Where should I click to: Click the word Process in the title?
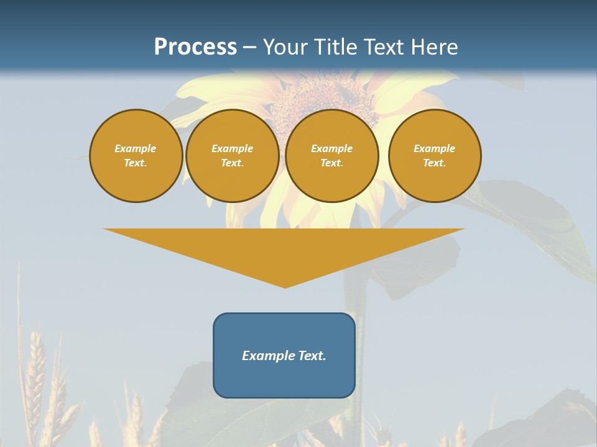[195, 47]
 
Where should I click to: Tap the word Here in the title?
[435, 47]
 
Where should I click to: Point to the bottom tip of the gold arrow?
[285, 287]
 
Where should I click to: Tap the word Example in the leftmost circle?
[136, 148]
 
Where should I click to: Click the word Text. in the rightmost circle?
[435, 163]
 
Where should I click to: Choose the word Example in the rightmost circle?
[435, 148]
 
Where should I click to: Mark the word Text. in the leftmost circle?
[136, 163]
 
